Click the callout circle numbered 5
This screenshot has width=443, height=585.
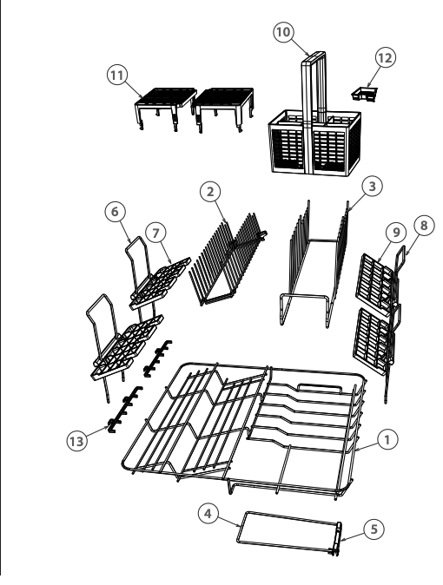[x=372, y=527]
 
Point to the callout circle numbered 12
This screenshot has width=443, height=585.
[x=386, y=56]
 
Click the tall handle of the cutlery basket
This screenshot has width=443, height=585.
[x=312, y=87]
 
